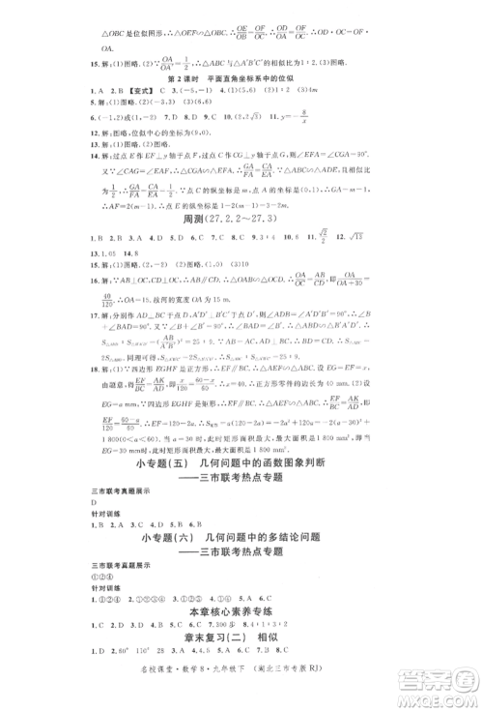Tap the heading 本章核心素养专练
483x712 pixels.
pyautogui.click(x=241, y=611)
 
